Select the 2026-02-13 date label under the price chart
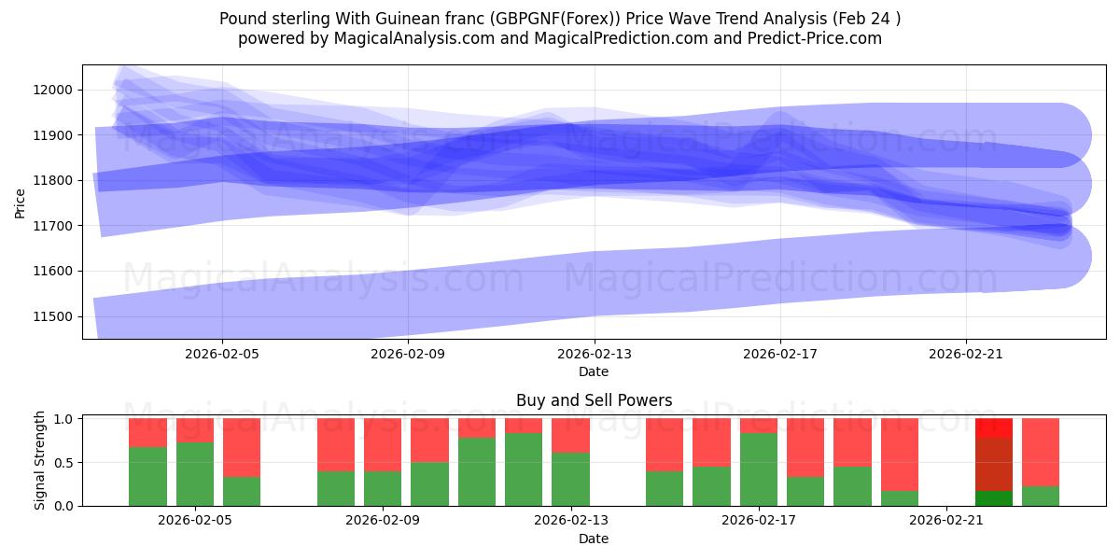594,354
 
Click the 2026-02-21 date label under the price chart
965,354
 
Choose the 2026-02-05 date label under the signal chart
195,521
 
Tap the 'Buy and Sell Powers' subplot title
594,400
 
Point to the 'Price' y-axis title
21,202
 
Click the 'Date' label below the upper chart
594,371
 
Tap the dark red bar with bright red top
993,462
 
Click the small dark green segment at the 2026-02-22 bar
993,498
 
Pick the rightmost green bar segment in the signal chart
1040,496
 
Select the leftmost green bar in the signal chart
147,476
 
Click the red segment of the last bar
1040,452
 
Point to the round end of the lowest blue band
1064,256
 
